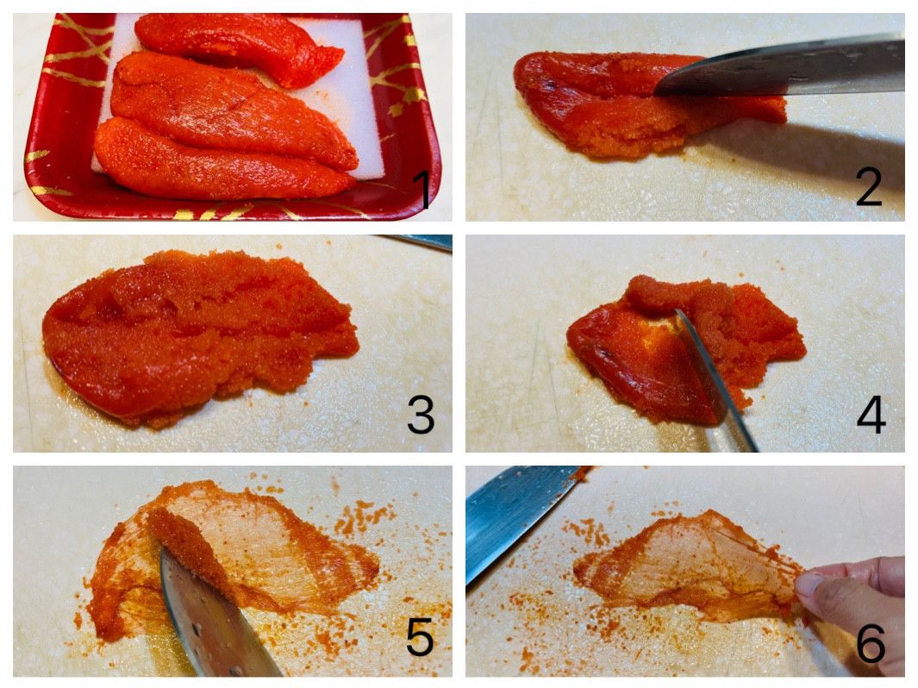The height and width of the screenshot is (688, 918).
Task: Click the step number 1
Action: [422, 189]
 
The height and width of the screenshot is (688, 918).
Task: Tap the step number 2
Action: [868, 187]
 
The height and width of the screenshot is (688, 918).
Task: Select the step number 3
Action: [421, 415]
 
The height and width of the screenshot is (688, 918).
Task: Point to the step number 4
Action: [871, 415]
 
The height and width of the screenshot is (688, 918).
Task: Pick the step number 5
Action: [419, 636]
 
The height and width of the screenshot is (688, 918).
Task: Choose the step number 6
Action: [871, 642]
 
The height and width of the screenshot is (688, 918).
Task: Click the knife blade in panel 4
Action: [715, 386]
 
